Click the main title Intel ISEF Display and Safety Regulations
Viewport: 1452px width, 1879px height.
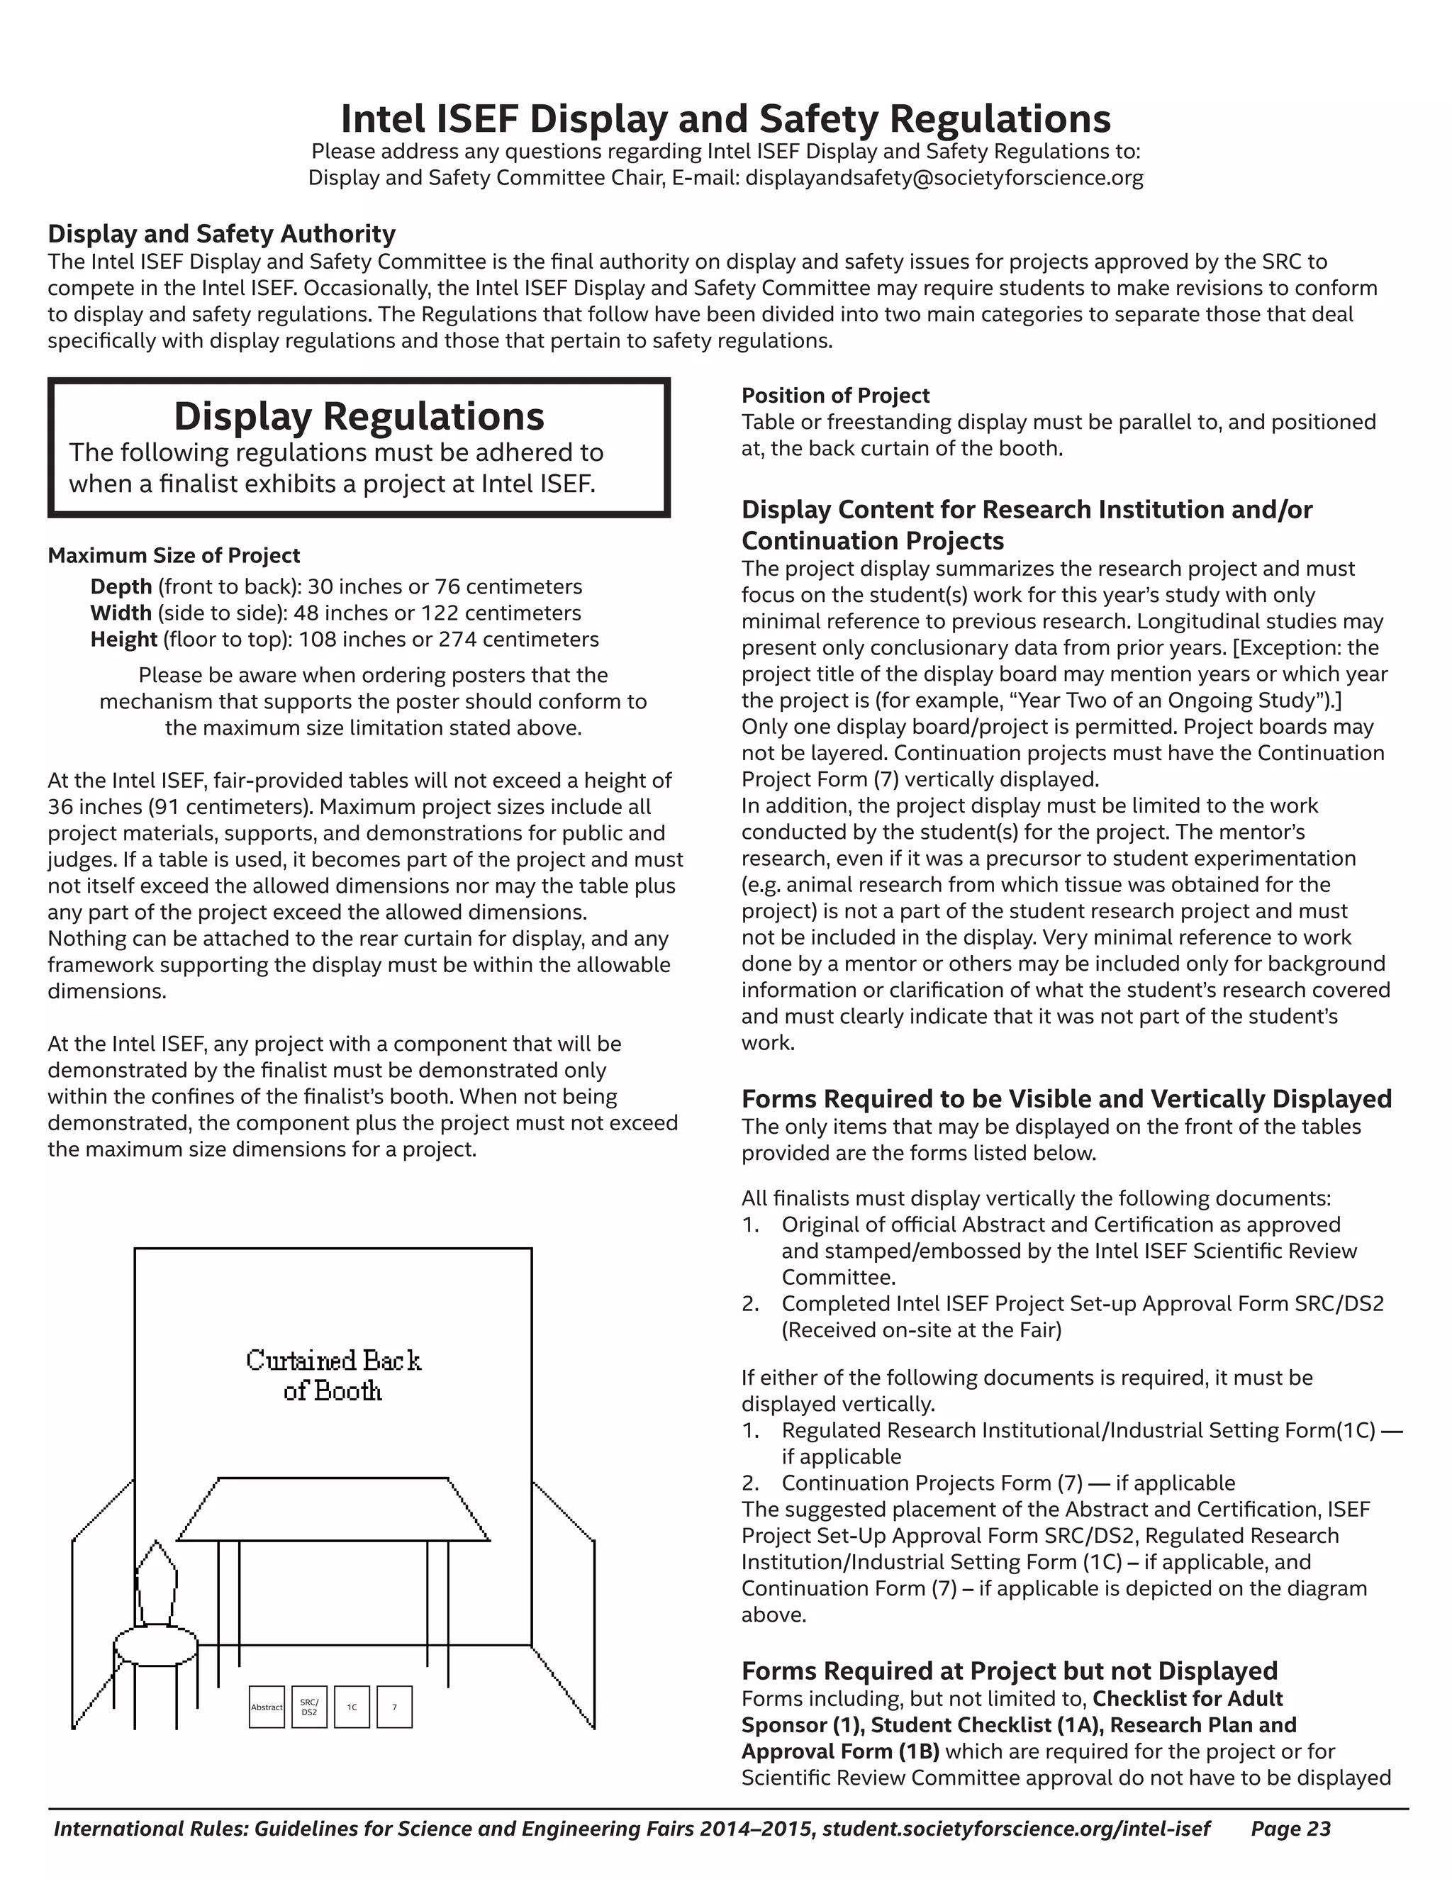725,118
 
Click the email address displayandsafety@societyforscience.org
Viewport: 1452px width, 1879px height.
944,178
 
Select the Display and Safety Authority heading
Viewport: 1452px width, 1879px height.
221,234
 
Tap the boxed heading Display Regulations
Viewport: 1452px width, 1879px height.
359,416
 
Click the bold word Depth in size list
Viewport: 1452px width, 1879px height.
121,587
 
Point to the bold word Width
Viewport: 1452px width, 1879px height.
121,613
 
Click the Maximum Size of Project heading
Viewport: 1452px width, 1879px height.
174,556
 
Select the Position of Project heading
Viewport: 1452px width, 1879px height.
834,396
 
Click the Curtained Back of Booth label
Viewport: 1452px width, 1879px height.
333,1375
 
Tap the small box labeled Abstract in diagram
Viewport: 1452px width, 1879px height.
267,1707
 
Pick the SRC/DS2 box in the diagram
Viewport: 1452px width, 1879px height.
309,1707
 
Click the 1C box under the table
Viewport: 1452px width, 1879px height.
352,1707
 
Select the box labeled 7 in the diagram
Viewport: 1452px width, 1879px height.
395,1707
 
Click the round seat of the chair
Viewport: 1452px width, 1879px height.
156,1646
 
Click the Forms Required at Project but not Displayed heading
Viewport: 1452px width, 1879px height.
1009,1671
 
